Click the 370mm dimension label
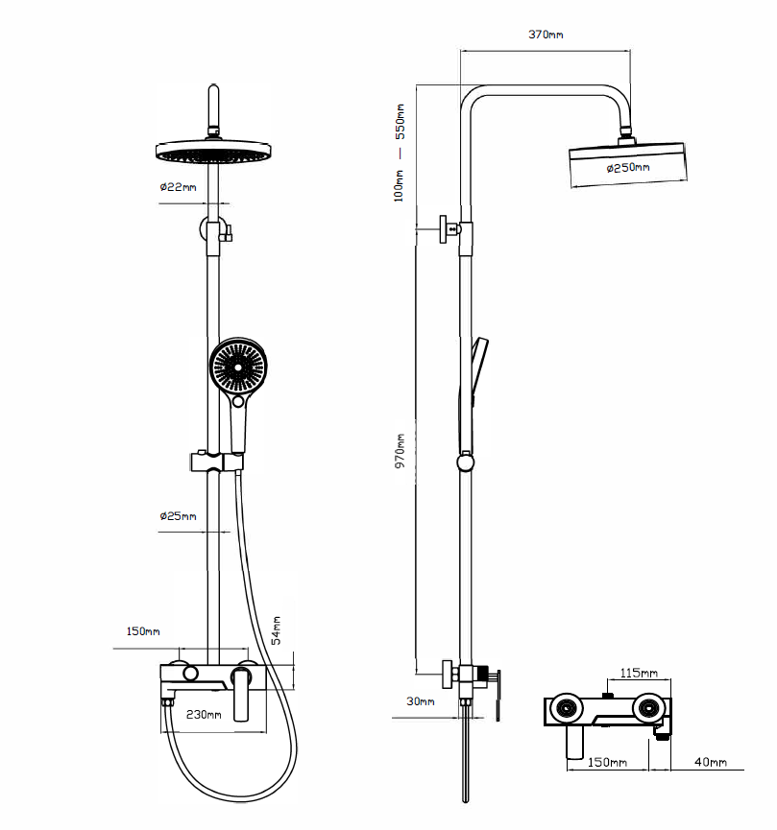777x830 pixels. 546,35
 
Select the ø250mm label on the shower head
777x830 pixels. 628,168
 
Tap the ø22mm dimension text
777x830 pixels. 178,187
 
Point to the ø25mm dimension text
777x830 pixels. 178,516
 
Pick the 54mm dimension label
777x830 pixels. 277,629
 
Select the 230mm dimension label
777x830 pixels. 204,714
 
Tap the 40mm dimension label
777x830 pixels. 711,762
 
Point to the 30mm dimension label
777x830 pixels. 420,701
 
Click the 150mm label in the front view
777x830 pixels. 143,631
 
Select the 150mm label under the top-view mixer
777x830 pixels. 608,762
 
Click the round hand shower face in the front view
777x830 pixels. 236,368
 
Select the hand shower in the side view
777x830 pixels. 477,369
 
